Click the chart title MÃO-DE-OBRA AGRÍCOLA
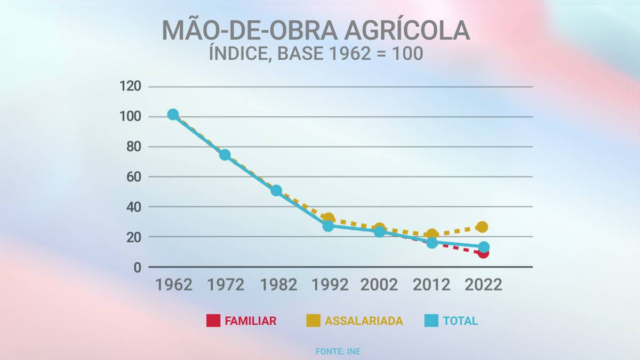pos(316,30)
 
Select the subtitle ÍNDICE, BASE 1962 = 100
pos(316,53)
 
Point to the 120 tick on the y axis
pos(130,86)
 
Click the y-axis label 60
pos(134,177)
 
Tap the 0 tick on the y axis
pos(138,268)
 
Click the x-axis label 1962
pos(174,285)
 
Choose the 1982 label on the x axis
pos(278,285)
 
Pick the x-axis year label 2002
pos(379,285)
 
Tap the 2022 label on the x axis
pos(483,285)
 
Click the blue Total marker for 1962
pos(173,115)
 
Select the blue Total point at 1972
pos(225,155)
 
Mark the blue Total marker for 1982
pos(276,190)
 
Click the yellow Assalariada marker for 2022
pos(483,227)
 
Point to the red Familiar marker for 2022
pos(483,253)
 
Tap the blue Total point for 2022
pos(484,247)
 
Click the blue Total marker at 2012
pos(432,243)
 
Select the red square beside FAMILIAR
pos(213,321)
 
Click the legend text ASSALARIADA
pos(364,321)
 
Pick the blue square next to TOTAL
pos(431,321)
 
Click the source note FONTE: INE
pos(338,351)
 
